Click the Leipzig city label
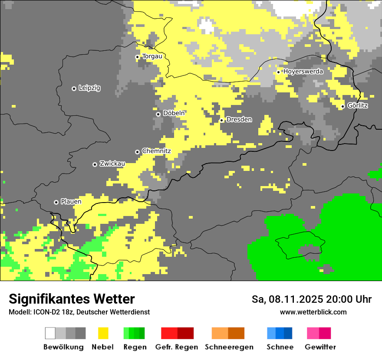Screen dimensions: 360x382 click(x=89, y=88)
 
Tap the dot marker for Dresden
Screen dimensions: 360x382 click(x=221, y=120)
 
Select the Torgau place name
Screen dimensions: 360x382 click(x=152, y=56)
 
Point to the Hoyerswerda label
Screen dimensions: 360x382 click(x=303, y=72)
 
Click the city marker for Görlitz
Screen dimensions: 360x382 click(x=342, y=106)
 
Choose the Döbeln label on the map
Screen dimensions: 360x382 click(x=174, y=113)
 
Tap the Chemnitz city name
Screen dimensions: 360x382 click(x=156, y=151)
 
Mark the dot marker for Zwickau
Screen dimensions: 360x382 click(x=95, y=164)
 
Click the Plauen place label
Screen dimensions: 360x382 click(x=71, y=202)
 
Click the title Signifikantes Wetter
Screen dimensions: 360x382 click(x=72, y=299)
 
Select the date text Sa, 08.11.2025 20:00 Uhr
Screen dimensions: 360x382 click(x=312, y=300)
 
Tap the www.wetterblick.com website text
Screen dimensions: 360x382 click(x=313, y=312)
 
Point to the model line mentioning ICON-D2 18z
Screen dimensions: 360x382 click(x=79, y=312)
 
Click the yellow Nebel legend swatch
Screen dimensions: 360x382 click(x=103, y=333)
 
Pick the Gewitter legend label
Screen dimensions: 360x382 click(x=320, y=347)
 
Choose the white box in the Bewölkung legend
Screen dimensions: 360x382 click(x=50, y=333)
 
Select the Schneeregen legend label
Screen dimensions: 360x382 click(x=229, y=347)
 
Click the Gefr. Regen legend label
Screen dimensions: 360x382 click(x=176, y=347)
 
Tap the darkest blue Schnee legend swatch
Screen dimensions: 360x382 click(x=288, y=333)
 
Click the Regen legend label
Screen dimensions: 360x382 click(x=134, y=347)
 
